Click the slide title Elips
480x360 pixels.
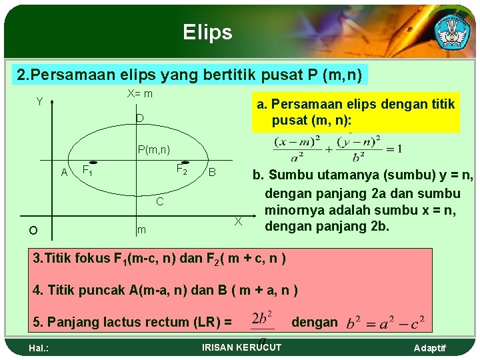[208, 32]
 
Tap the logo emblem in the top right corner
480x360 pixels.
[453, 30]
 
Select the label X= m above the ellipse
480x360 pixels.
[140, 93]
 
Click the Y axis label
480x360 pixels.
[39, 102]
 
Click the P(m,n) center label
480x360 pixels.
[155, 149]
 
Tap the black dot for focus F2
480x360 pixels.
[185, 162]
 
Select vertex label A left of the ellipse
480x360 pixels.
[65, 173]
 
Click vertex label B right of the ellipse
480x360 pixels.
[211, 173]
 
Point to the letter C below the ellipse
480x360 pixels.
[159, 201]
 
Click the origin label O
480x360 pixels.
[33, 231]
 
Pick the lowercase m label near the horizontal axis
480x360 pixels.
[141, 230]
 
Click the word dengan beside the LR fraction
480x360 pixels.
[315, 322]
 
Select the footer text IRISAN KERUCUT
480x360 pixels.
[241, 347]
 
